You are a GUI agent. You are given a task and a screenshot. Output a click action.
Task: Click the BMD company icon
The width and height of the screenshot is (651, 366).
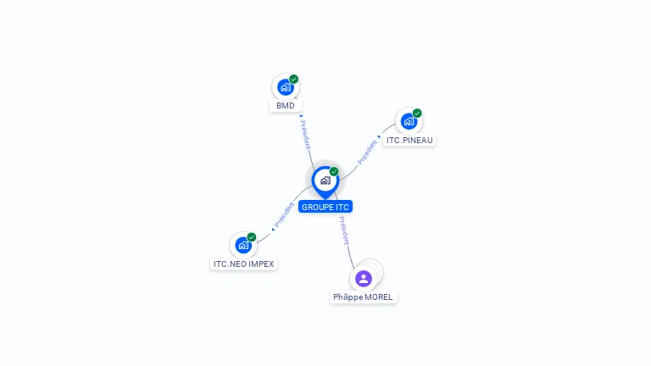pos(285,86)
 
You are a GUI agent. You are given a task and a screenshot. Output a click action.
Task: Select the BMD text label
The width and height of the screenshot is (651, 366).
pos(286,106)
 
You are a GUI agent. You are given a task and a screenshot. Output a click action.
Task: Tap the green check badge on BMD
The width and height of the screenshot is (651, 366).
pos(293,79)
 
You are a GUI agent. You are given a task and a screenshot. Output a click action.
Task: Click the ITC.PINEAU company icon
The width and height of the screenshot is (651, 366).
pos(409,121)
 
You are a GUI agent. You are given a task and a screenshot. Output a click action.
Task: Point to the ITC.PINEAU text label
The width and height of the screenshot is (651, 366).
pos(409,141)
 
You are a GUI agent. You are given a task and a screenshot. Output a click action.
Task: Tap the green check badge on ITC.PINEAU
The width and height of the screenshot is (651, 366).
pos(417,114)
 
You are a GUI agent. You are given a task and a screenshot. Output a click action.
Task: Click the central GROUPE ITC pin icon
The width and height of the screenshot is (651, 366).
pos(325,180)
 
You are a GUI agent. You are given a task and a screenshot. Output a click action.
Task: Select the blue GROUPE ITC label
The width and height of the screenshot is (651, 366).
pos(325,207)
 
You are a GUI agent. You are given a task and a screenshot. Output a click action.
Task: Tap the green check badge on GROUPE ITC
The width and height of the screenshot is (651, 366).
pos(334,171)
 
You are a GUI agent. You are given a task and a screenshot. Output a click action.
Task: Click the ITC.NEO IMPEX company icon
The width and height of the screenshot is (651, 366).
pos(243,245)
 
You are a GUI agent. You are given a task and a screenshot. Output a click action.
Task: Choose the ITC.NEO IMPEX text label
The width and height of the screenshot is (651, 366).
pos(243,264)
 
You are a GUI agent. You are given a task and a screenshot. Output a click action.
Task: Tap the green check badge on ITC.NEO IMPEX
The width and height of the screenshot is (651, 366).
pos(252,237)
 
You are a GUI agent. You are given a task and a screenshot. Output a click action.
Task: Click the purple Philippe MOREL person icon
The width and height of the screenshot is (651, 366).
pos(364,278)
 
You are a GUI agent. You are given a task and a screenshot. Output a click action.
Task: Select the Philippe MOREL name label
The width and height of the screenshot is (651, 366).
pos(363,297)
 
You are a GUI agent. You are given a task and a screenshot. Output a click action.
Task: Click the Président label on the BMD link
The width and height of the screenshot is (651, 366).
pos(305,134)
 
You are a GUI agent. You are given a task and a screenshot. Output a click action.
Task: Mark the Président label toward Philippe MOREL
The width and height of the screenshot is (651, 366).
pos(342,231)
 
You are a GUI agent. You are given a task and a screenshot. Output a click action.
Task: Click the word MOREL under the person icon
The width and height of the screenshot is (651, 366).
pos(379,297)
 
